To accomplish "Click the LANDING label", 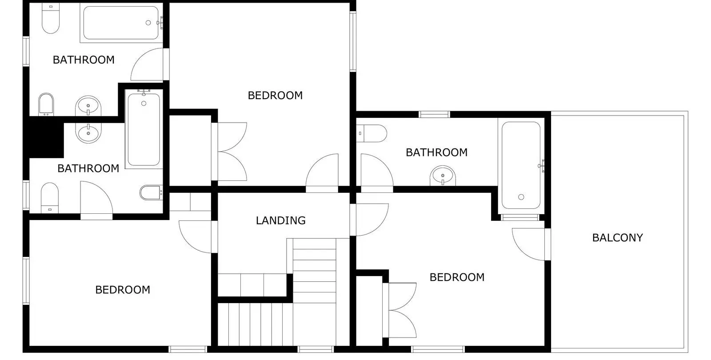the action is click(280, 220).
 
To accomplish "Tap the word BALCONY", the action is click(617, 237).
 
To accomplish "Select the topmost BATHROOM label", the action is click(84, 60).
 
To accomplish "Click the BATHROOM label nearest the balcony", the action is click(436, 152).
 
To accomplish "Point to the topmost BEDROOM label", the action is click(275, 95).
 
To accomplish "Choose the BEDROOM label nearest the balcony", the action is click(457, 277).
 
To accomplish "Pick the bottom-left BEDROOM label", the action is click(123, 289).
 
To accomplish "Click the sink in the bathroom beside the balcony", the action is click(443, 176).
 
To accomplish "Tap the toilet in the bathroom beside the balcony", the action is click(371, 133).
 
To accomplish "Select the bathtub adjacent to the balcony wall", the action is click(521, 165).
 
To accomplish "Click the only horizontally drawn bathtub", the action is click(121, 23).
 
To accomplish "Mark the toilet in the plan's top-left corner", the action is click(51, 18).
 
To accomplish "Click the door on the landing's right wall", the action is click(369, 220).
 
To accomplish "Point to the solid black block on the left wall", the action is click(46, 137).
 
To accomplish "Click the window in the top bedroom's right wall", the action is click(353, 41).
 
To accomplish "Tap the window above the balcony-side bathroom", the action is click(434, 114).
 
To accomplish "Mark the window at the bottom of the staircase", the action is click(316, 349).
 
